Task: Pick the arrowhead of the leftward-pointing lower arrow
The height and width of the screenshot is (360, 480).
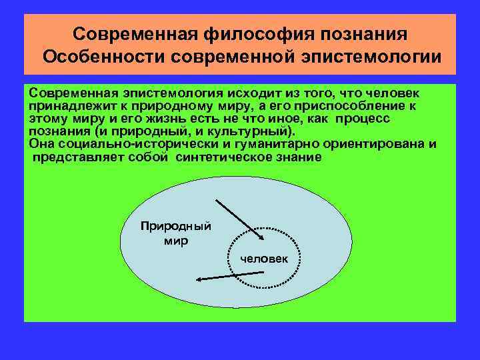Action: point(197,280)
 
